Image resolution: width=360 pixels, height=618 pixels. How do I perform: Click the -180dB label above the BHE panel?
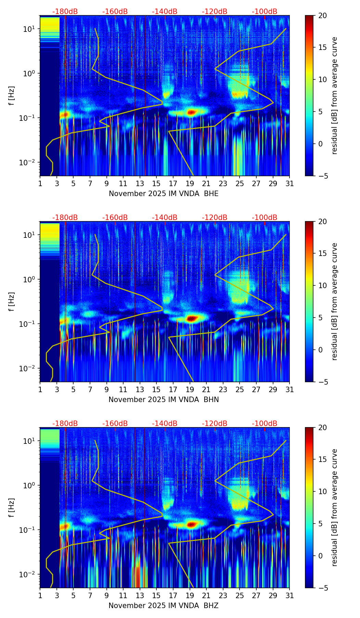pyautogui.click(x=65, y=12)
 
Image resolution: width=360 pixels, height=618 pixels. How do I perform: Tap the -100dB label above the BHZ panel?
pyautogui.click(x=265, y=423)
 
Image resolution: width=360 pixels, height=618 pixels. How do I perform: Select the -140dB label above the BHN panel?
pyautogui.click(x=165, y=218)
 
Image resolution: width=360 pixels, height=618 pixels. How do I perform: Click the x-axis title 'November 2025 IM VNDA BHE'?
pyautogui.click(x=164, y=194)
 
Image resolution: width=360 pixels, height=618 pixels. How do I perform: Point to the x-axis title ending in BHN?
pyautogui.click(x=164, y=400)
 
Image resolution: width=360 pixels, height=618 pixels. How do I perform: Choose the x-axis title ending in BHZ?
pyautogui.click(x=164, y=606)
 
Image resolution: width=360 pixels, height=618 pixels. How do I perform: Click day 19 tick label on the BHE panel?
pyautogui.click(x=190, y=184)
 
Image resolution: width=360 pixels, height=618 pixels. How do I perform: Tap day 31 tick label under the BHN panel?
pyautogui.click(x=290, y=390)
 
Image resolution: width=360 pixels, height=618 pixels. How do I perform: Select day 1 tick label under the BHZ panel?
pyautogui.click(x=40, y=596)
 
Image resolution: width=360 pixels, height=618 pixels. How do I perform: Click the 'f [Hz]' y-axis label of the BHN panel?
pyautogui.click(x=12, y=302)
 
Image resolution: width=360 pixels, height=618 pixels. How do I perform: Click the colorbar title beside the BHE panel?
pyautogui.click(x=334, y=95)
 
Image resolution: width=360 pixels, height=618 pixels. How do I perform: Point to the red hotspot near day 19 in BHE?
pyautogui.click(x=191, y=112)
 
